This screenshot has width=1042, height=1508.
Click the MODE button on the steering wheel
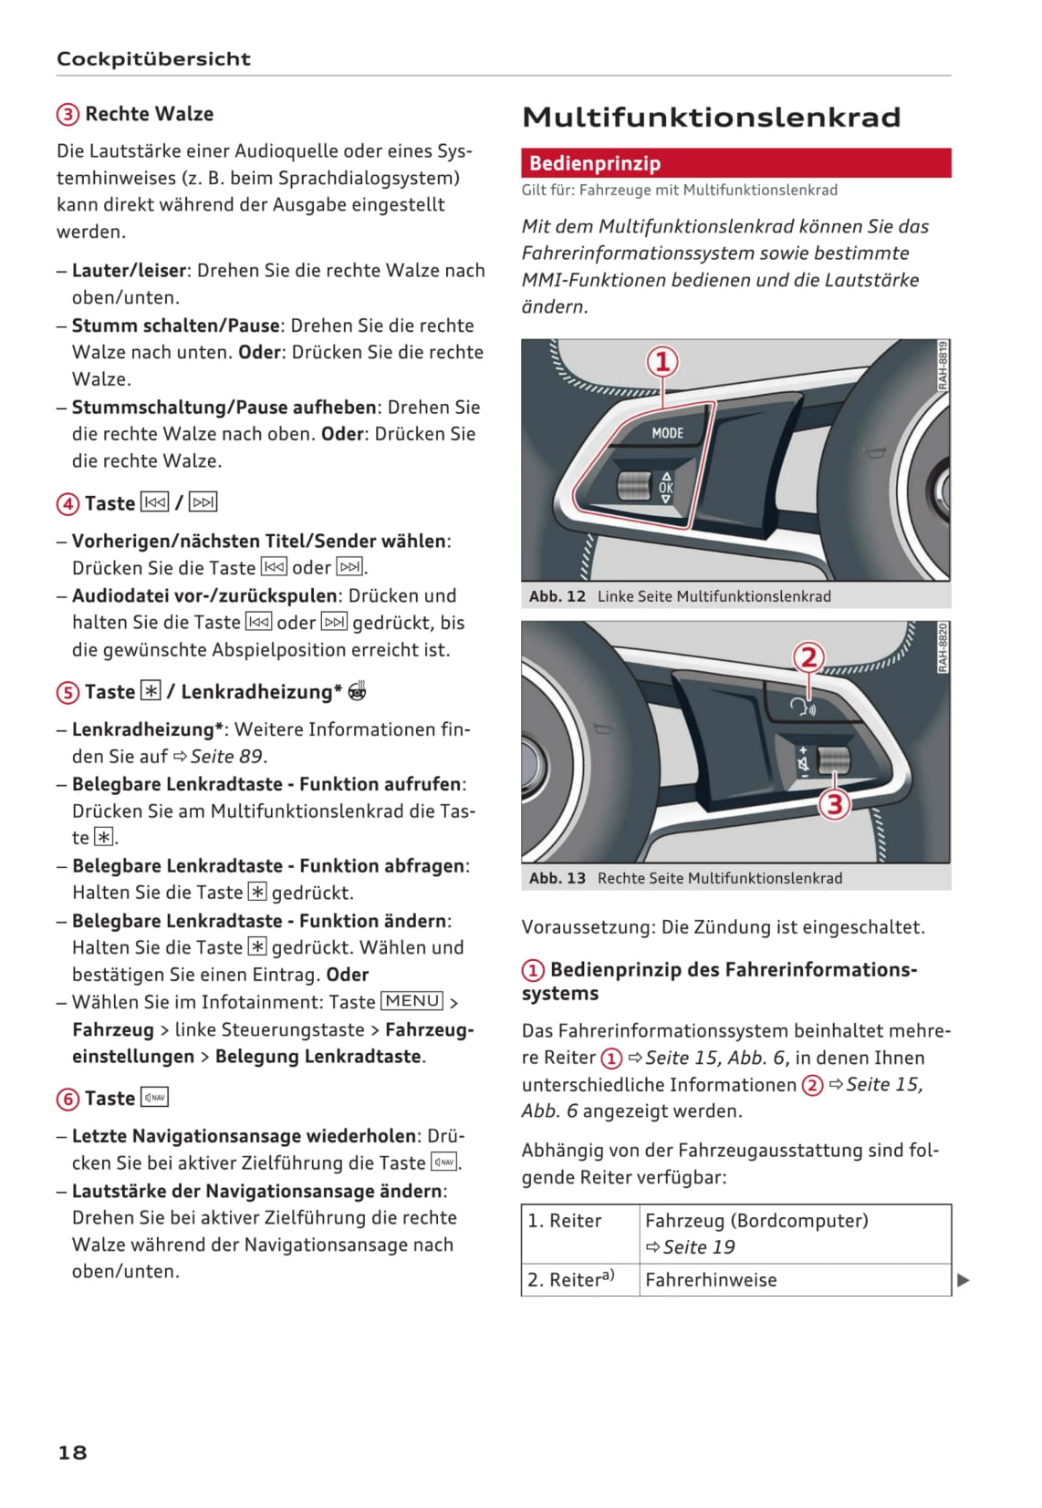coord(667,433)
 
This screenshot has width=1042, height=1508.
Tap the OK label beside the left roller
coord(666,488)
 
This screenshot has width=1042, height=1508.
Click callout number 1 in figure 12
coord(663,362)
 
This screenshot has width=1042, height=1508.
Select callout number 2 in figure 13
coord(808,657)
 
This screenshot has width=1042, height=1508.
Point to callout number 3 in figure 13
coord(834,804)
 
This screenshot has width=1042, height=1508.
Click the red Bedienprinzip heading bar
coord(735,163)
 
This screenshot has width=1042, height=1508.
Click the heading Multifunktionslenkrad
coord(711,118)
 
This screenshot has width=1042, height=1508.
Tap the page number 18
coord(72,1452)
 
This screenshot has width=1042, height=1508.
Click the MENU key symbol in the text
coord(412,1001)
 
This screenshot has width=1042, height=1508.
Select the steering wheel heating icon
coord(358,691)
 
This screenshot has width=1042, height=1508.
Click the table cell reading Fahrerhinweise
coord(711,1280)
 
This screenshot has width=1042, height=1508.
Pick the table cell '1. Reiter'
coord(565,1221)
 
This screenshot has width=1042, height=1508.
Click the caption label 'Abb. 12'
coord(557,596)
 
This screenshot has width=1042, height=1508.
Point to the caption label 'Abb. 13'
coord(557,878)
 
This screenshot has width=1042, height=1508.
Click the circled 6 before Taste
coord(68,1100)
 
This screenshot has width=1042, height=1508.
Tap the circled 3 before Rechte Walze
coord(68,115)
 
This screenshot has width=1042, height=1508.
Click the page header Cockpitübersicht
coord(153,59)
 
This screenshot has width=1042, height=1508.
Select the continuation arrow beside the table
coord(963,1280)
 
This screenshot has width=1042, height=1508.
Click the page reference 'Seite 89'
coord(227,757)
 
